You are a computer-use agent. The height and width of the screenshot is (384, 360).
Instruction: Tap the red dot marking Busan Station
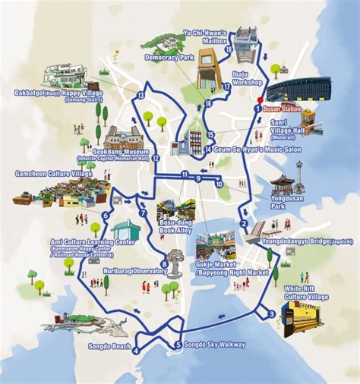[x=259, y=99]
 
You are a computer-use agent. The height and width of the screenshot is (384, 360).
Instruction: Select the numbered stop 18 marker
[x=229, y=49]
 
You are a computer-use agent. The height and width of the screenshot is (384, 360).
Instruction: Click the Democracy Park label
[x=169, y=57]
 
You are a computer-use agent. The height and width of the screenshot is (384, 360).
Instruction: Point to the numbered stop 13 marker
[x=141, y=95]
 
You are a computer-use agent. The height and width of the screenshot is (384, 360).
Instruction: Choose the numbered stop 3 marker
[x=271, y=313]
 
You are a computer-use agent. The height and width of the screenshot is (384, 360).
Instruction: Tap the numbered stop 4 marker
[x=136, y=350]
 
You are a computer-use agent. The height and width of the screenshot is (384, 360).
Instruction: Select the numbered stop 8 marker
[x=163, y=263]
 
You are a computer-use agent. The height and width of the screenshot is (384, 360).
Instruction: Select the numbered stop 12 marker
[x=155, y=158]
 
